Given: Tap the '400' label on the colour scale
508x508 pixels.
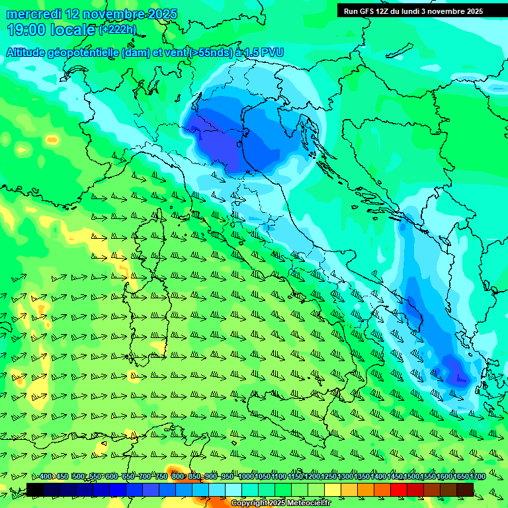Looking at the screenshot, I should tap(46, 477).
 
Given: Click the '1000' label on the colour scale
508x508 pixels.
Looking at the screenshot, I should tap(246, 477).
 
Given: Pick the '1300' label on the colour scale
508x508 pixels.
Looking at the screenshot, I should tap(345, 477).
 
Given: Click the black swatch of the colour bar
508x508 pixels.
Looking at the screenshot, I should tap(35, 489).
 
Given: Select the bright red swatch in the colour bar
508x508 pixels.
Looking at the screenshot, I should tap(399, 489).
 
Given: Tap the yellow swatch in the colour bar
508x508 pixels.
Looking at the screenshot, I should tap(333, 489).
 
